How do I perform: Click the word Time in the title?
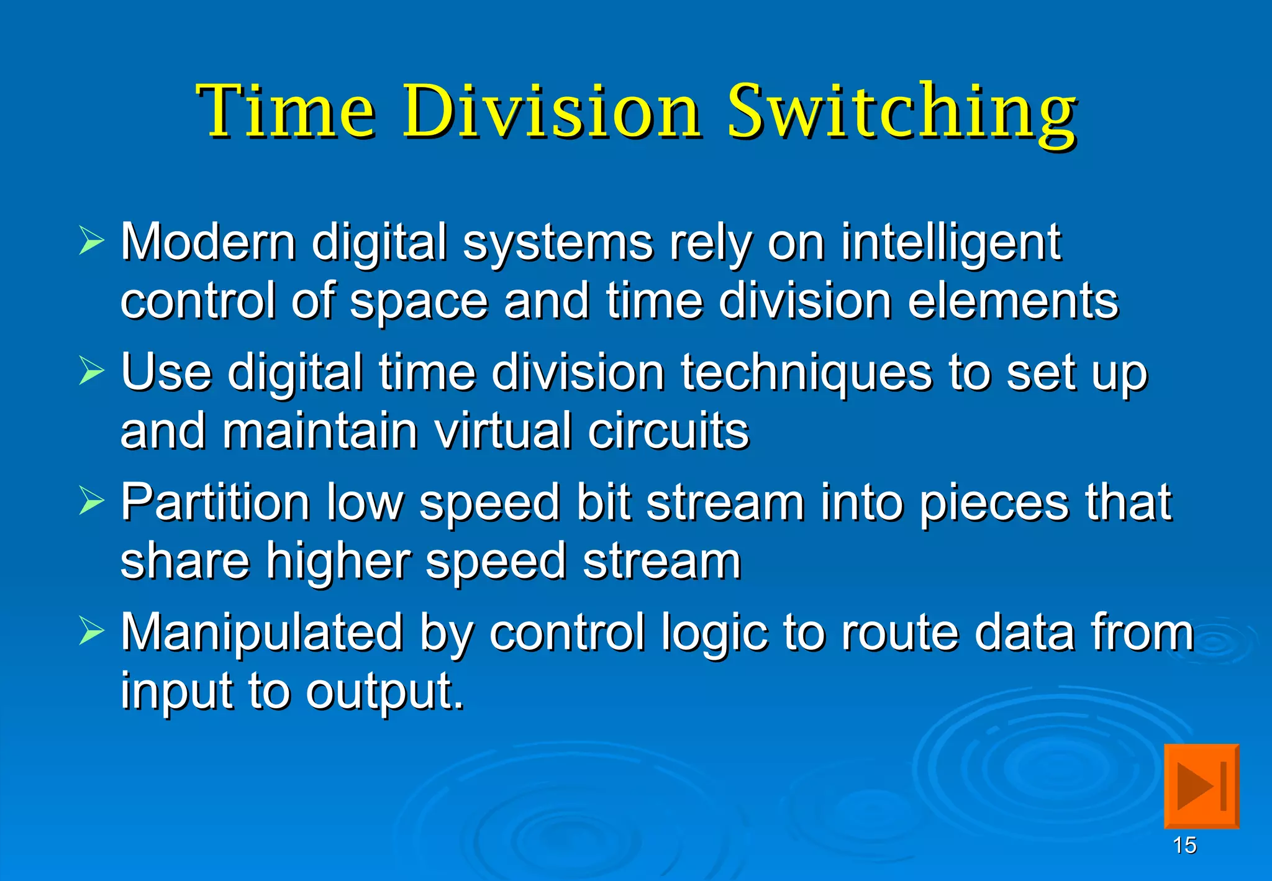tap(286, 112)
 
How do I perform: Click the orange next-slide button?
tap(1201, 786)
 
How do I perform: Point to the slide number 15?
tap(1184, 846)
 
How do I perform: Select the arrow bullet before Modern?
tap(92, 241)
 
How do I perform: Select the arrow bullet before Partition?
tap(92, 501)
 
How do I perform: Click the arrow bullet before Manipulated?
tap(92, 631)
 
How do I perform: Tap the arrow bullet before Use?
tap(92, 371)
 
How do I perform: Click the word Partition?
tap(215, 502)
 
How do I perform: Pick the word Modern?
tap(208, 242)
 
